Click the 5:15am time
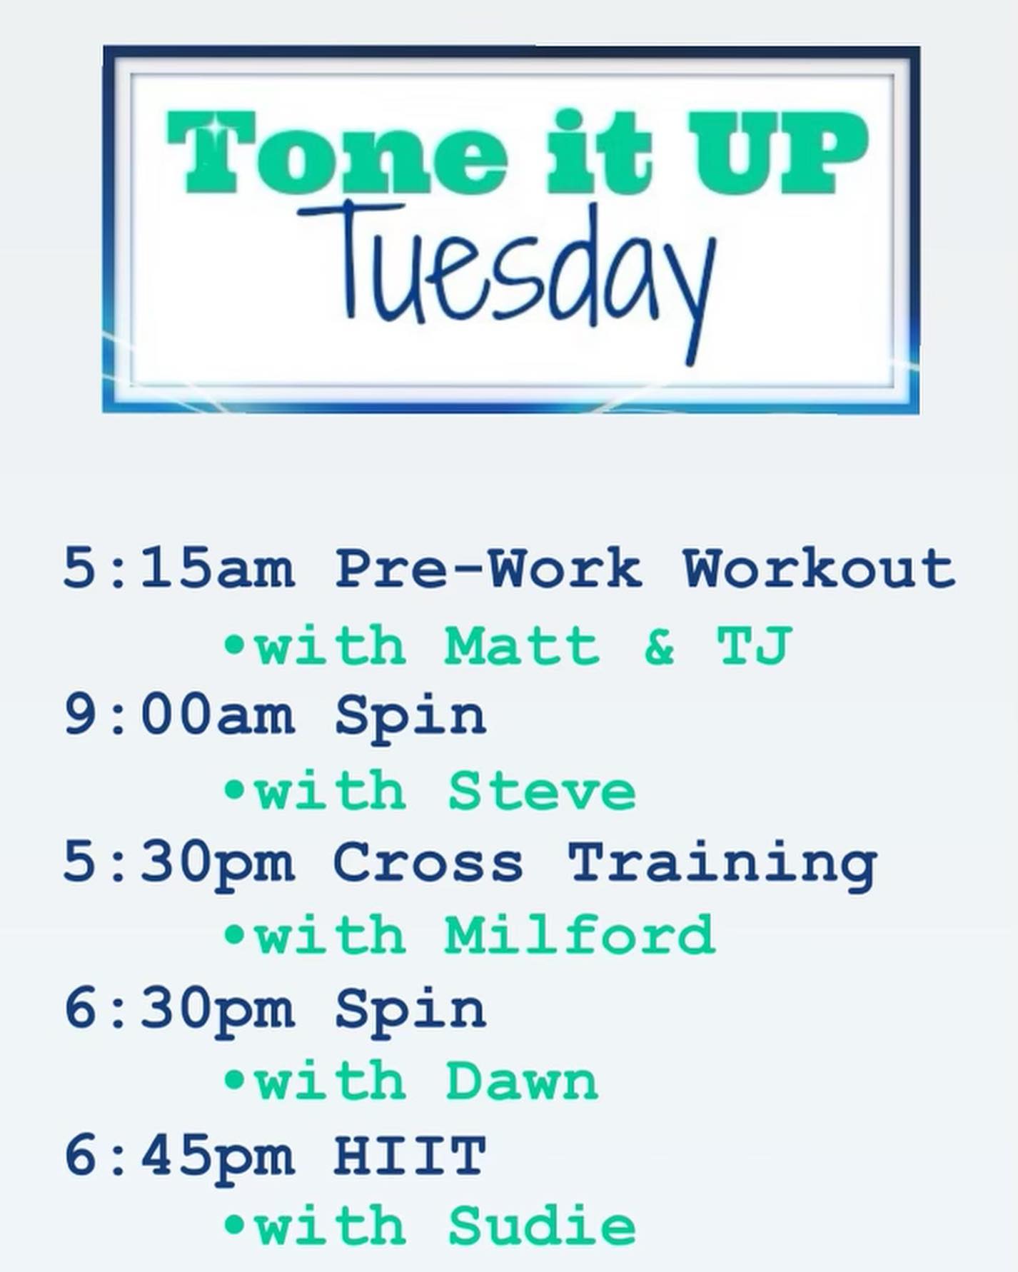click(x=179, y=569)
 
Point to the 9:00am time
click(x=179, y=715)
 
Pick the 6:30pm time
click(x=179, y=1008)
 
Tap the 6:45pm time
click(x=179, y=1154)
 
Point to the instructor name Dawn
click(x=522, y=1081)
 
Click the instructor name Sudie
click(x=542, y=1226)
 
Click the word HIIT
click(x=410, y=1154)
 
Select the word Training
click(x=723, y=864)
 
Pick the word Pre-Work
click(x=488, y=569)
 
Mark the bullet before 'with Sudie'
click(x=234, y=1224)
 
